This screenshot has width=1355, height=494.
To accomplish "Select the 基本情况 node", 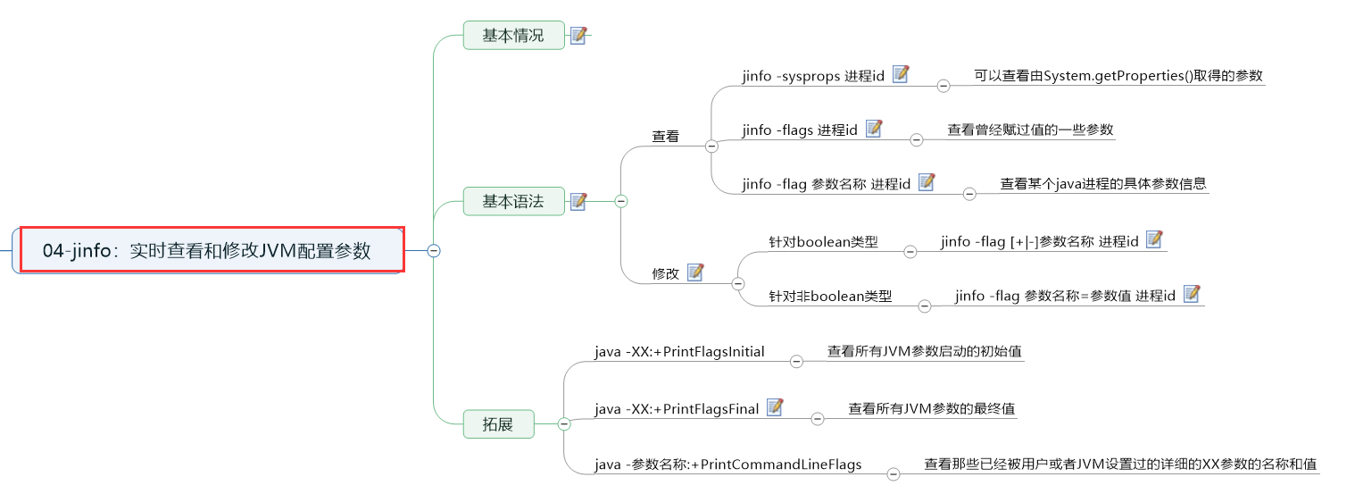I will pyautogui.click(x=513, y=36).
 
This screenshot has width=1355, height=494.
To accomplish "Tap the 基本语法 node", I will pyautogui.click(x=513, y=201).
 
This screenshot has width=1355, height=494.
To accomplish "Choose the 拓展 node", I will pyautogui.click(x=498, y=424).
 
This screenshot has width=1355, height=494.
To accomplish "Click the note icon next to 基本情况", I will pyautogui.click(x=578, y=36).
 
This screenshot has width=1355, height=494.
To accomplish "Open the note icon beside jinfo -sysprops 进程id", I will pyautogui.click(x=901, y=75).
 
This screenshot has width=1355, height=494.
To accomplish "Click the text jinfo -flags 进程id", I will pyautogui.click(x=799, y=130).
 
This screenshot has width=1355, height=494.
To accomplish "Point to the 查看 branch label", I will pyautogui.click(x=665, y=137).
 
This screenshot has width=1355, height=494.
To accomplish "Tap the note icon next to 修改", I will pyautogui.click(x=695, y=272).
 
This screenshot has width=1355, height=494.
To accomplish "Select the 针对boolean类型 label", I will pyautogui.click(x=823, y=242).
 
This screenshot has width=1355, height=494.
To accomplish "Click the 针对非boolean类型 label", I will pyautogui.click(x=830, y=297).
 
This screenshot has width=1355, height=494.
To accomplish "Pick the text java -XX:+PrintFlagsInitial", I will pyautogui.click(x=679, y=352).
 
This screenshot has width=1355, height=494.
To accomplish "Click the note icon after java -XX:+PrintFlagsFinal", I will pyautogui.click(x=775, y=407).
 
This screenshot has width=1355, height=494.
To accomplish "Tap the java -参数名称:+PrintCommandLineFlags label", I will pyautogui.click(x=728, y=465).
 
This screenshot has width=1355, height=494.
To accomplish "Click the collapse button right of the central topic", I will pyautogui.click(x=434, y=251).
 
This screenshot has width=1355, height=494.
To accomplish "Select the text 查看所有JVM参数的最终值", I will pyautogui.click(x=931, y=409).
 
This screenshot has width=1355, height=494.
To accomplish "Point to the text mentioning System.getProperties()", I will pyautogui.click(x=1118, y=76).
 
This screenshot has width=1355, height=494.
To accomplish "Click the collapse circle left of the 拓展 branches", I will pyautogui.click(x=564, y=424).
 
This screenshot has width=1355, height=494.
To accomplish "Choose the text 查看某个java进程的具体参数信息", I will pyautogui.click(x=1103, y=184).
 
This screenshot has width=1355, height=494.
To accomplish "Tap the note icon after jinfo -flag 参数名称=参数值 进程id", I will pyautogui.click(x=1191, y=294).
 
